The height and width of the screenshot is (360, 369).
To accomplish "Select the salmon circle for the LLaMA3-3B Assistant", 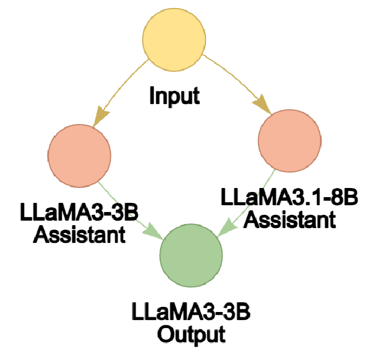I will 79,155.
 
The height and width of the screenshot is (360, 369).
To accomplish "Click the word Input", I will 174,95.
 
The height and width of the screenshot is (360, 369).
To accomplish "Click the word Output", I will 189,333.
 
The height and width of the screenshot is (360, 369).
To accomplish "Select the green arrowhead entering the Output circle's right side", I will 224,229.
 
